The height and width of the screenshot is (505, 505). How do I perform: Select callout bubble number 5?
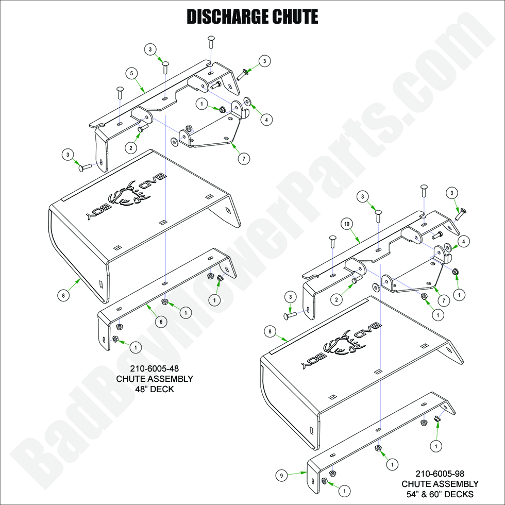(x=132, y=74)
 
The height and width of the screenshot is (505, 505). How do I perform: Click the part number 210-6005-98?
(x=440, y=474)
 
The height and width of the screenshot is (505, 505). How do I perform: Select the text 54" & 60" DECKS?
(x=440, y=494)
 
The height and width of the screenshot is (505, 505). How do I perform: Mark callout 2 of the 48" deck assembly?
(x=131, y=147)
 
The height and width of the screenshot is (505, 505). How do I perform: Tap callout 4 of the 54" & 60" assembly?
(x=463, y=241)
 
